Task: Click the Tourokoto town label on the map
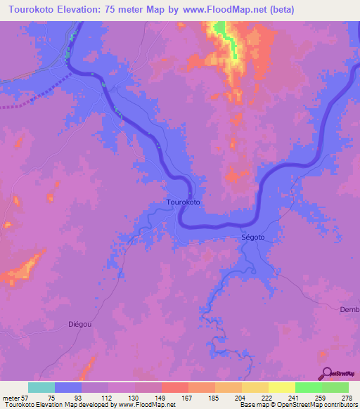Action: point(184,202)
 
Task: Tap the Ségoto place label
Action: point(253,238)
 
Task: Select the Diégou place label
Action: point(80,324)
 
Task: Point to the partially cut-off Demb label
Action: point(349,310)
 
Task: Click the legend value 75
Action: point(51,398)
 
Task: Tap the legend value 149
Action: point(158,398)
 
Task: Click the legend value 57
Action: point(25,398)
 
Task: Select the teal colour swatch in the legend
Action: point(41,387)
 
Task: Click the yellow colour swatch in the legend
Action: point(281,387)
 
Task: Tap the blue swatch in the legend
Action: point(68,387)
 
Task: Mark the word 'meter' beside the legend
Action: point(10,398)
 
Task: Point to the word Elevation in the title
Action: point(77,9)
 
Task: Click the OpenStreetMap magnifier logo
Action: point(326,374)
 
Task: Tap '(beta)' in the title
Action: point(281,9)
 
